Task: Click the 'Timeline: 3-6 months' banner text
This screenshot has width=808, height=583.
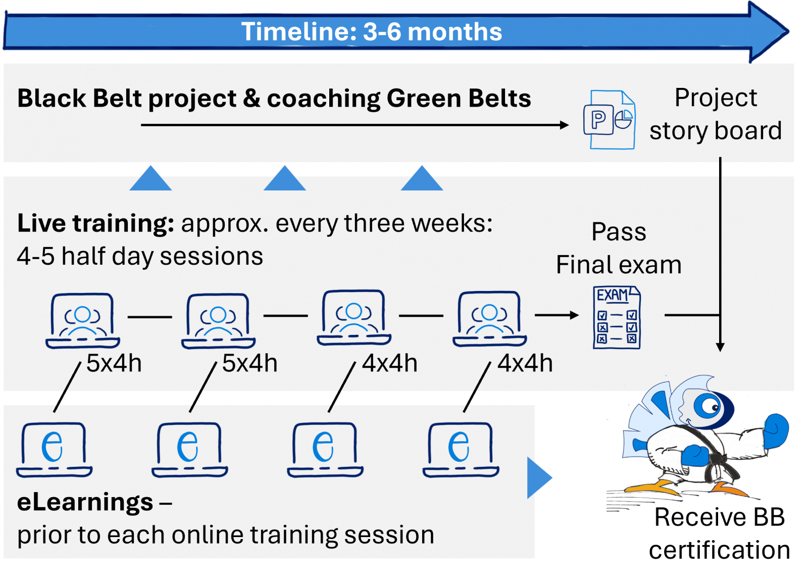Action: point(372,32)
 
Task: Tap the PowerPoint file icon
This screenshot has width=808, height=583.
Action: point(610,119)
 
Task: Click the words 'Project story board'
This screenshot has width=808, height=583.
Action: point(716,114)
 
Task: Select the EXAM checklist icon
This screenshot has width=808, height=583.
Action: point(617,317)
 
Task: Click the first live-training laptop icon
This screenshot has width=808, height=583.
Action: point(83,321)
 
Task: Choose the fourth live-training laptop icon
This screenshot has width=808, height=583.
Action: point(490,319)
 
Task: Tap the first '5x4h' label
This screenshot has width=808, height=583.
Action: point(114,363)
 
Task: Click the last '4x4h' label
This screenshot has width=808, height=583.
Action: point(525,363)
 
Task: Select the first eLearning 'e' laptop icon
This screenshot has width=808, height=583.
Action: point(54,450)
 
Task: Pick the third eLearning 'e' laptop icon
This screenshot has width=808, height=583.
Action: point(325,450)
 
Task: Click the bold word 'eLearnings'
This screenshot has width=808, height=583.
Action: point(85,502)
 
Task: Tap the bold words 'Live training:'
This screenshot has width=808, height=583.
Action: point(96,224)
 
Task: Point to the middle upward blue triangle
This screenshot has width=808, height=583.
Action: point(285,178)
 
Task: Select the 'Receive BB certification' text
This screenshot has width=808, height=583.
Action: point(719,533)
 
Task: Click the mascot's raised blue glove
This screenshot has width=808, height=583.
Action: point(776,431)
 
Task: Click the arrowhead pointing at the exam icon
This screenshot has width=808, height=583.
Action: point(574,315)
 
